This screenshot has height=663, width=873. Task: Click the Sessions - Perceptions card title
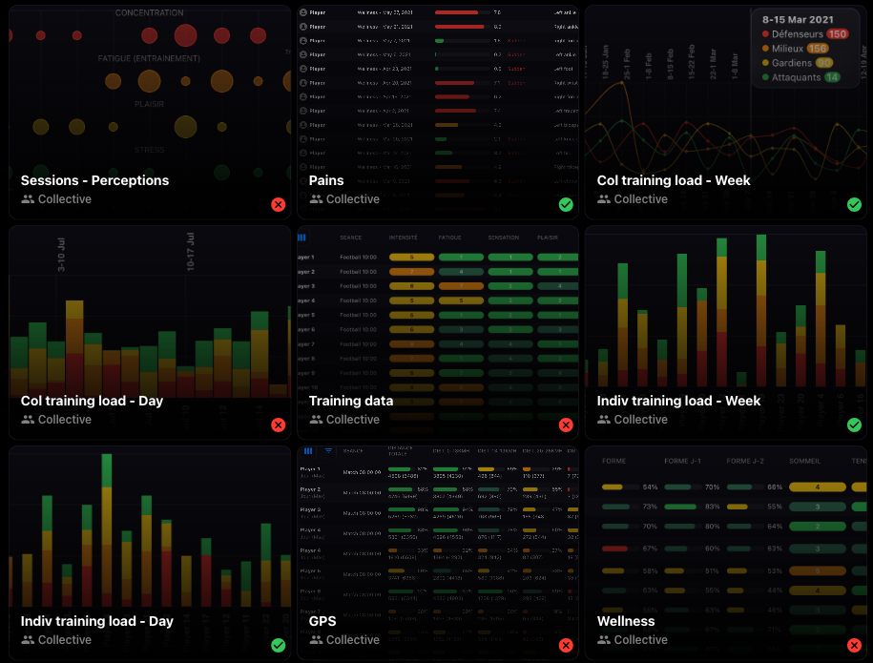(x=94, y=180)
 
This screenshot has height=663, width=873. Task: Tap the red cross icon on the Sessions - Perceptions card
(x=278, y=204)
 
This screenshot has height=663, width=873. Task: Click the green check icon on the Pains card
(x=566, y=204)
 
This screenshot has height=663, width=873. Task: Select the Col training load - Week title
(x=674, y=180)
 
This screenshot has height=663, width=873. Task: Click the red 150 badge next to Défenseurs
(x=837, y=34)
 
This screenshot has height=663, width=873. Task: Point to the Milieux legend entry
(x=786, y=49)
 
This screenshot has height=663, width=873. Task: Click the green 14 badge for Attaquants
(x=832, y=77)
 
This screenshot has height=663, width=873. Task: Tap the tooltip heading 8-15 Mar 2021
(x=803, y=17)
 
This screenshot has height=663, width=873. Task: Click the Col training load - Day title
(x=92, y=401)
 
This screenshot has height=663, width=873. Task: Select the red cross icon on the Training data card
(x=566, y=425)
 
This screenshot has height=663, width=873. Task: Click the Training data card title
(x=351, y=401)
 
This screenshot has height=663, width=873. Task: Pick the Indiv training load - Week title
(x=678, y=401)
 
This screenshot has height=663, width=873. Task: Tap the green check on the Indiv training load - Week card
(x=854, y=425)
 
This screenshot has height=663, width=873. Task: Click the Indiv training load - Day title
(x=96, y=621)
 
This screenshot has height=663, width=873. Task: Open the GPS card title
(x=322, y=621)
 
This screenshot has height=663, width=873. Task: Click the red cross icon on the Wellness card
(x=854, y=645)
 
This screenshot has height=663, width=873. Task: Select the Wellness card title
(x=626, y=621)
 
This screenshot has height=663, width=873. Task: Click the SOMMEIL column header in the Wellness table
(x=805, y=461)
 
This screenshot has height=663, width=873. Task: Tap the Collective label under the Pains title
(x=352, y=199)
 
